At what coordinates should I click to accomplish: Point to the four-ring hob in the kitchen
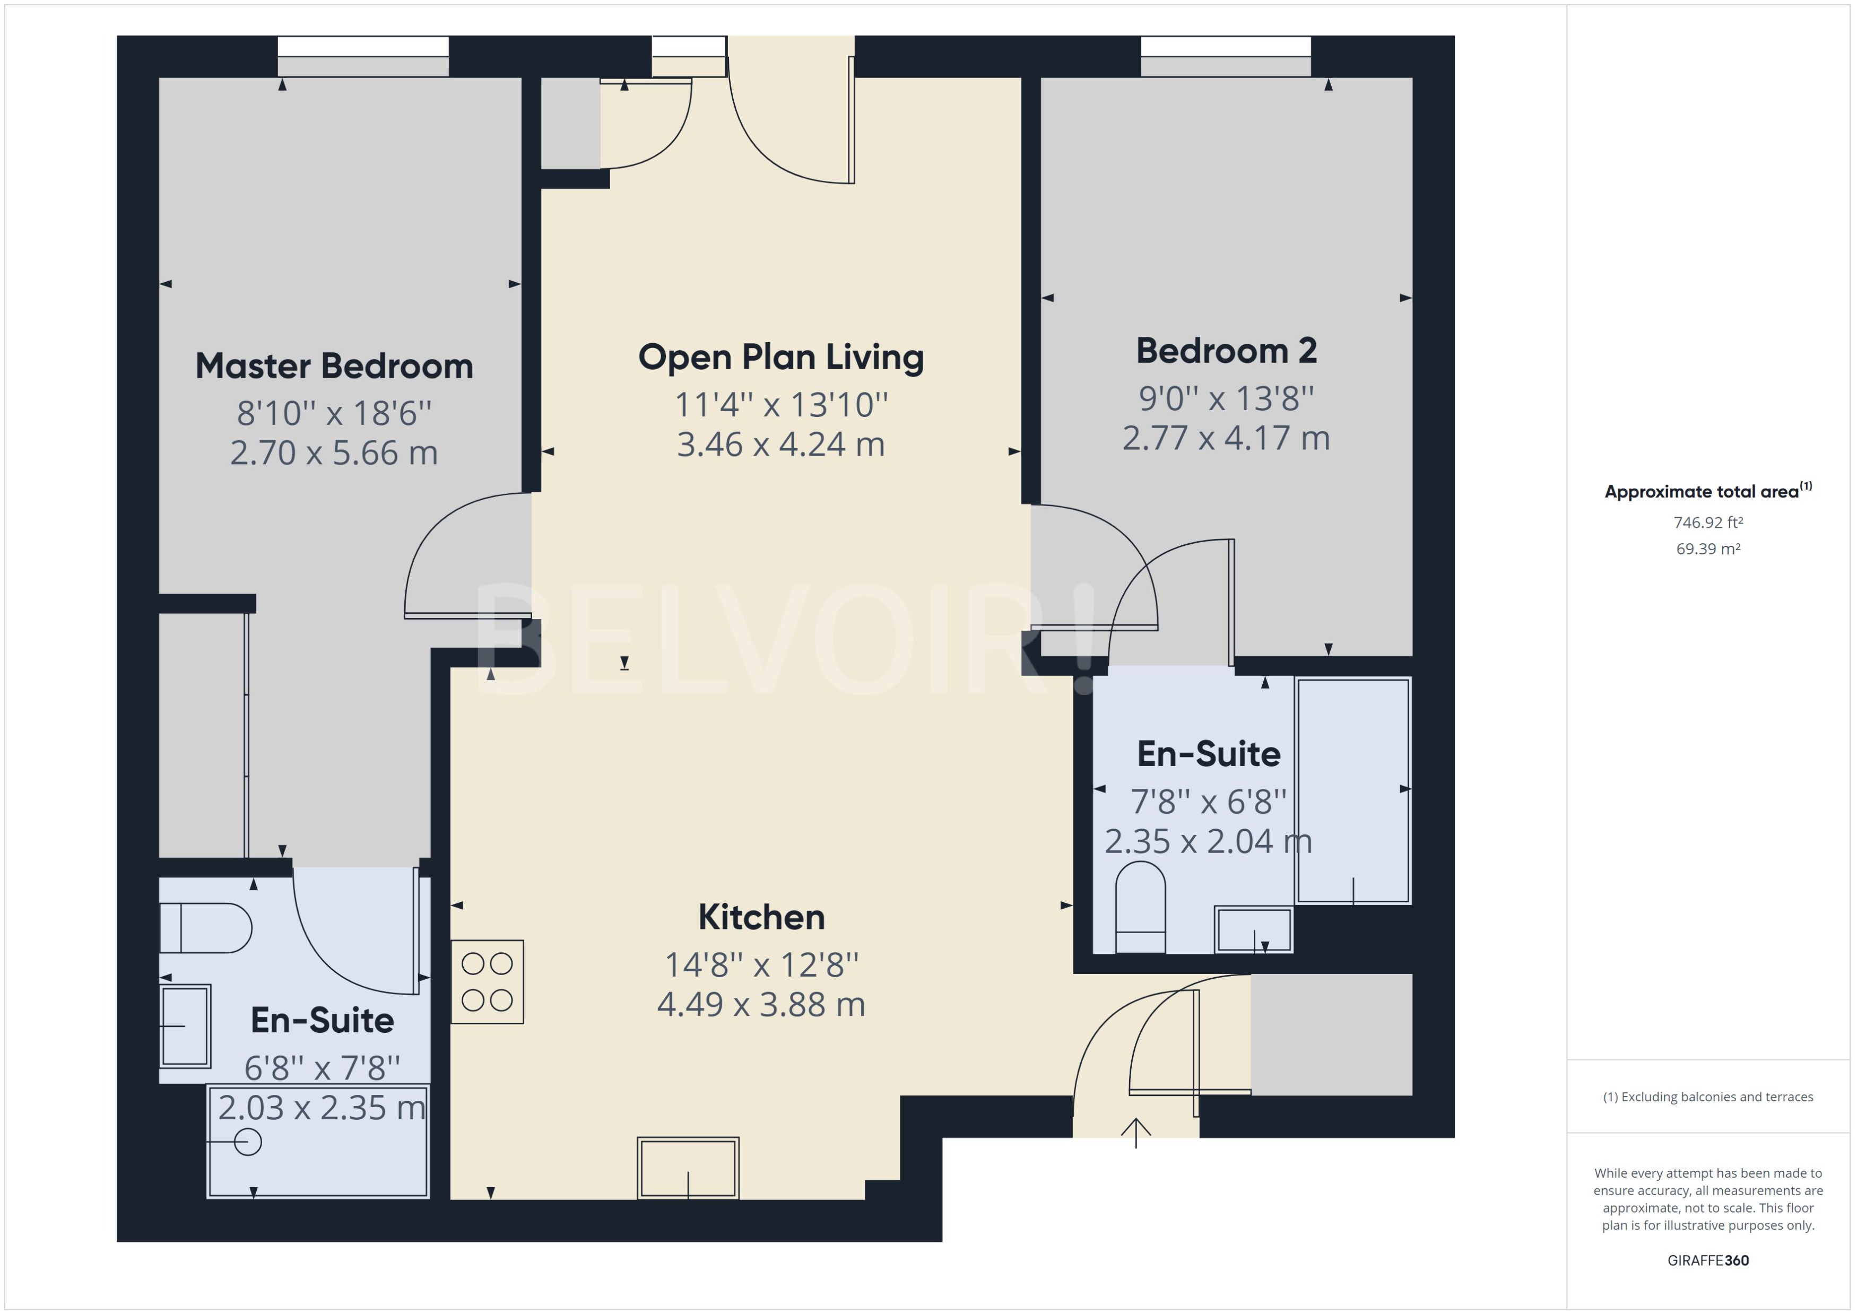(487, 981)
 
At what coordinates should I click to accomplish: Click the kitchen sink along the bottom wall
(688, 1168)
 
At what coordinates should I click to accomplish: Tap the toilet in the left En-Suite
(206, 928)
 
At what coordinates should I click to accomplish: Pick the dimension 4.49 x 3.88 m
(761, 1005)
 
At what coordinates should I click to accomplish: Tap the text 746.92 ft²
(1707, 523)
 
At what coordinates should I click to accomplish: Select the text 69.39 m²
(1707, 549)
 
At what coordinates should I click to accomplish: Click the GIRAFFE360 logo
(1707, 1260)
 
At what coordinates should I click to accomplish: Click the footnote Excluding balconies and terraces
(1707, 1097)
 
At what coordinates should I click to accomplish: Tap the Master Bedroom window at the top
(363, 57)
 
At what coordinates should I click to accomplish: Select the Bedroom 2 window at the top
(1226, 57)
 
